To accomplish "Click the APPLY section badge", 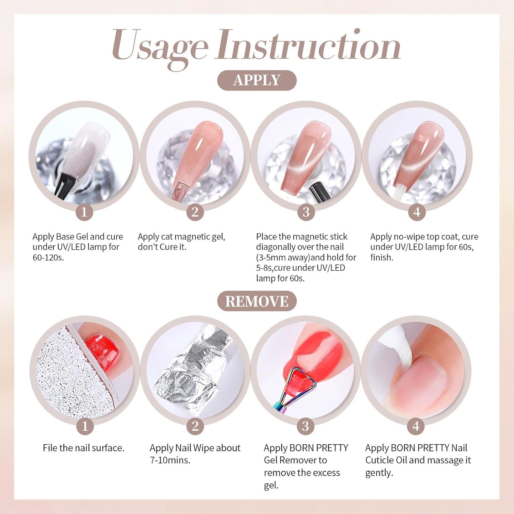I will click(257, 80).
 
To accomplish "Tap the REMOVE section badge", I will click(257, 301).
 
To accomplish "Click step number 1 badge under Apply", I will click(84, 212).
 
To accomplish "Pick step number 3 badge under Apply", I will click(306, 212).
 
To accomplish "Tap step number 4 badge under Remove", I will click(415, 426).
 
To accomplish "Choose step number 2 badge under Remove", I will click(195, 426).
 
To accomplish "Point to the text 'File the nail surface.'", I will click(84, 448).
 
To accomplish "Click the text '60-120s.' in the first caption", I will click(48, 258).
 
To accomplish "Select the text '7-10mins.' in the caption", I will click(170, 460).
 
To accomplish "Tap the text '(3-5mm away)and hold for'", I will click(306, 258).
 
